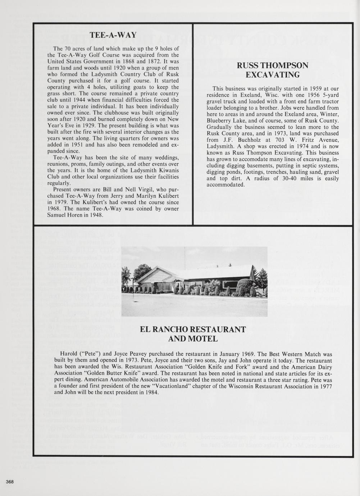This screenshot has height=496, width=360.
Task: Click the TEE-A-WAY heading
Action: [113, 35]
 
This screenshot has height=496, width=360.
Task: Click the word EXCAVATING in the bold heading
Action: [273, 75]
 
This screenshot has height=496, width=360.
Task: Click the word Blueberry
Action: [219, 120]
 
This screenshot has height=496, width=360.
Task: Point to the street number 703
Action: [274, 140]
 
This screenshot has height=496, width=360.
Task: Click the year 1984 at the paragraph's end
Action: [152, 392]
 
